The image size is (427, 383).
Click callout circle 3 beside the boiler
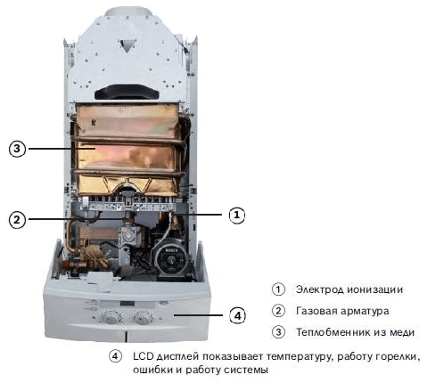[x=17, y=149]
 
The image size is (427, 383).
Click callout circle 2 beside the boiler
[x=17, y=220]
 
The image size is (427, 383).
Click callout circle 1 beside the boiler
[x=237, y=215]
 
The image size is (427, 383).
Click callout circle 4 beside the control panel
[x=238, y=316]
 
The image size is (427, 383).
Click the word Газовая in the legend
[x=316, y=311]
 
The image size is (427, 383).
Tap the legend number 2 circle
[x=278, y=311]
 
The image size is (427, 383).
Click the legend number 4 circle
[x=115, y=356]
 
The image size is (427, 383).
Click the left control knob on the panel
[x=111, y=317]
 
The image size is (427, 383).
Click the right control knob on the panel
[x=144, y=317]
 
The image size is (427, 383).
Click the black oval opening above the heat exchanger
[x=127, y=92]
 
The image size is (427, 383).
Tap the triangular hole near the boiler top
[x=127, y=45]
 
